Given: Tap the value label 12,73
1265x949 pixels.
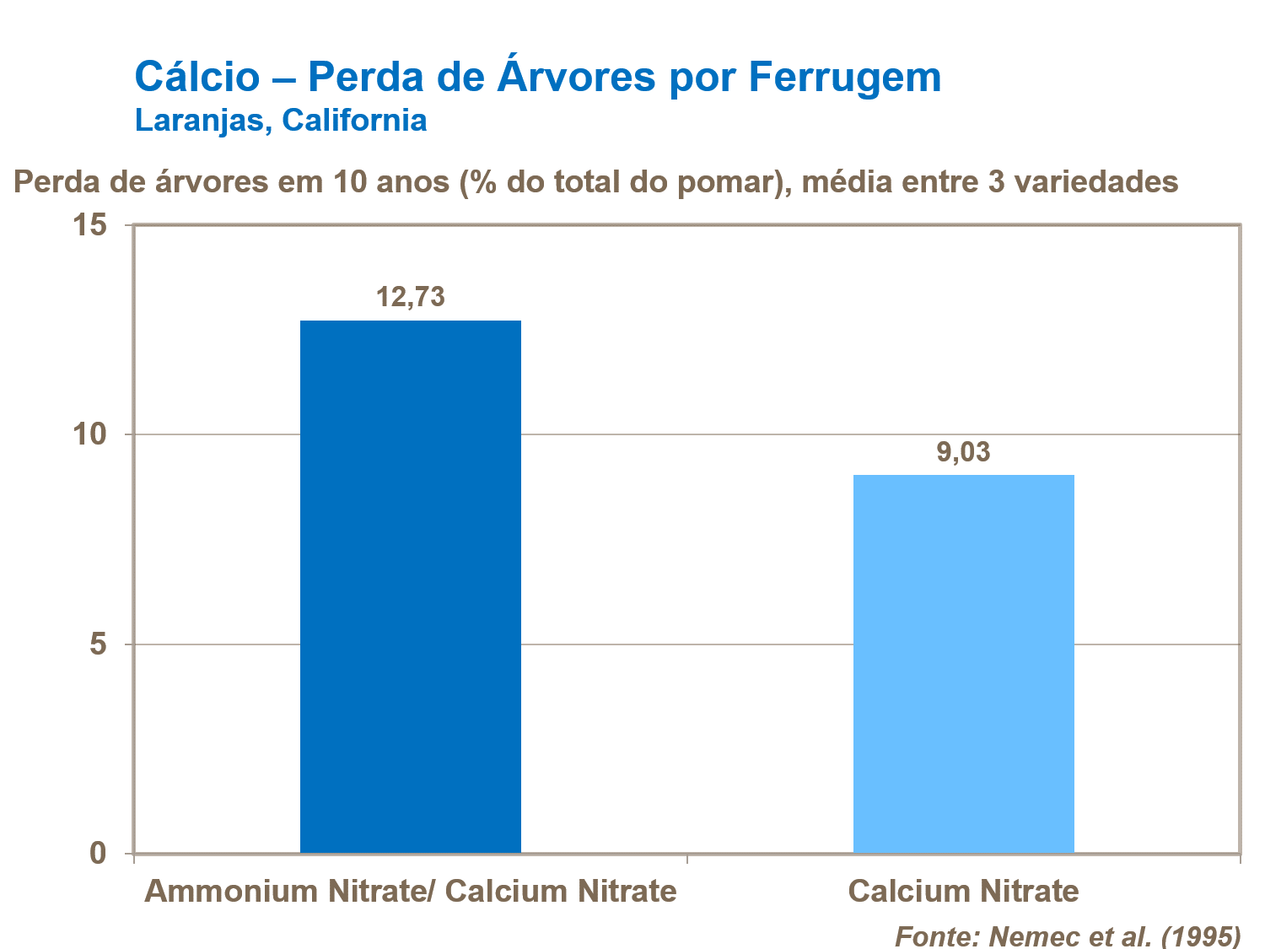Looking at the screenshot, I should [411, 297].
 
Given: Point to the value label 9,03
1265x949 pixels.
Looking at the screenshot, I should [963, 452].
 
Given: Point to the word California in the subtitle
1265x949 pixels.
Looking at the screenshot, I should [354, 120].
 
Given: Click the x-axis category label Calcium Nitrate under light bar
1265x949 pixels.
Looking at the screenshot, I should [963, 891].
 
